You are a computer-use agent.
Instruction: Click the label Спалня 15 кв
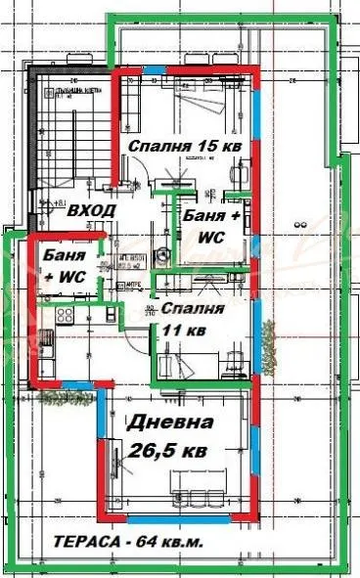coord(186,147)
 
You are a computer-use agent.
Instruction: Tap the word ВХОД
coord(93,210)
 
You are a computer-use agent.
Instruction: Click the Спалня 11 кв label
coord(193,319)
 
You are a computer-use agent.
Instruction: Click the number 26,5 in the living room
coord(153,451)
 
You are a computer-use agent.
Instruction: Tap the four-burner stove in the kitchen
coord(65,316)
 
